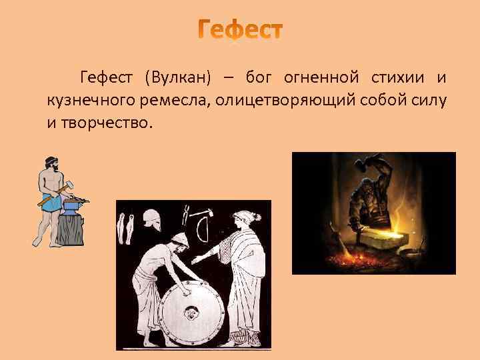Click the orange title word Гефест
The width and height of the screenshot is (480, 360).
241,31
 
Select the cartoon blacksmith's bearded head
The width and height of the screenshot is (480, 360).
51,163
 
